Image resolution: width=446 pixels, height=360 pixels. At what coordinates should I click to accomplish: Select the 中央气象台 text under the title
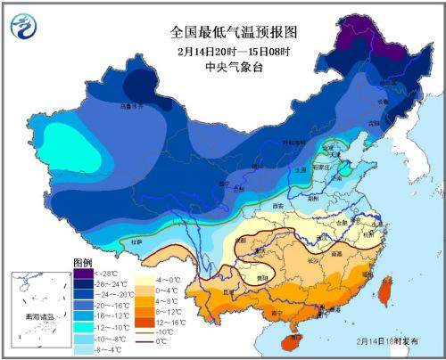pos(234,70)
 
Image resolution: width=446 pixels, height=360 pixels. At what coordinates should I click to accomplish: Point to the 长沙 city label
pos(314,260)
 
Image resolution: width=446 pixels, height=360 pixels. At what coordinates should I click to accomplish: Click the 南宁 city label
pos(278,313)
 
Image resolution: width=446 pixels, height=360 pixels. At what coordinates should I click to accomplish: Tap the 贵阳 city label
pos(262,277)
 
